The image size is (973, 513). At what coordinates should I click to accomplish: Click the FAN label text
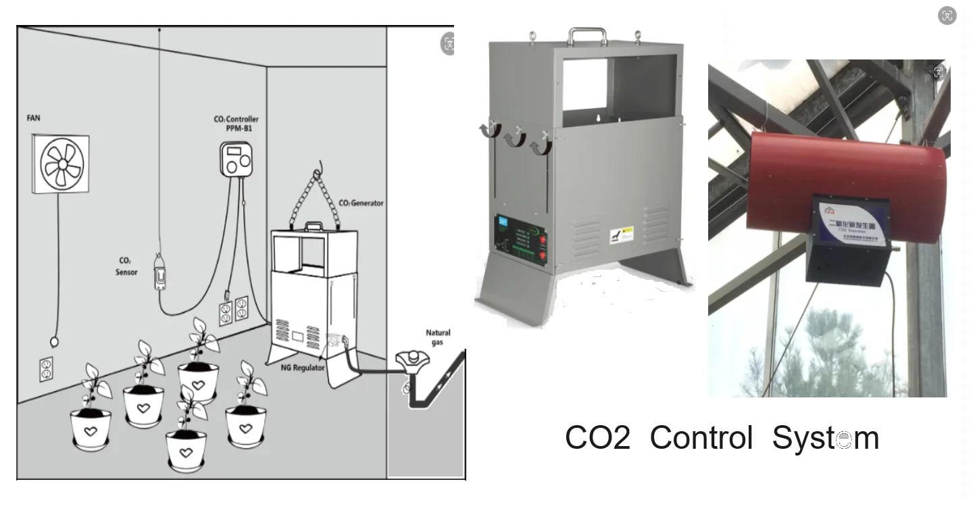coord(33,118)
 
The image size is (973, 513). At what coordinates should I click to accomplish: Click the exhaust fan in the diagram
coord(61,164)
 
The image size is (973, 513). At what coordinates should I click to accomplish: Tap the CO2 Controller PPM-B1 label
coord(236,124)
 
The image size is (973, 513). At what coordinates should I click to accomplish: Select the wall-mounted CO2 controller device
coord(236,159)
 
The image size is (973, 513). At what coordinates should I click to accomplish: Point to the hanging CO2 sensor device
coord(160,272)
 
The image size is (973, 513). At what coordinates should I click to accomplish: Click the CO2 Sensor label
coord(126,266)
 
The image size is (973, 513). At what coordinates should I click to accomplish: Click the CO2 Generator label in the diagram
coord(361,203)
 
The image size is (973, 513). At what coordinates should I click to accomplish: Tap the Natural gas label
coord(438,337)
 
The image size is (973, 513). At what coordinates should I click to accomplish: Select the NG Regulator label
coord(303,368)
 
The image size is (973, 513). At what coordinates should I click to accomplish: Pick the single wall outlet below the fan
coord(46,369)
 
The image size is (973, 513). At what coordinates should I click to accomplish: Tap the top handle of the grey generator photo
coord(587,34)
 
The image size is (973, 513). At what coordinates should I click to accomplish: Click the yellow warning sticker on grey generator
coord(626,235)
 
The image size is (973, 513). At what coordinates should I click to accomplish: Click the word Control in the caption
coord(701,438)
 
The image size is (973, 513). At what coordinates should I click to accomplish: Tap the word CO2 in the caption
coord(597,438)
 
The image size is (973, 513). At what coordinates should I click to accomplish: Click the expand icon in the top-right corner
coord(947,16)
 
